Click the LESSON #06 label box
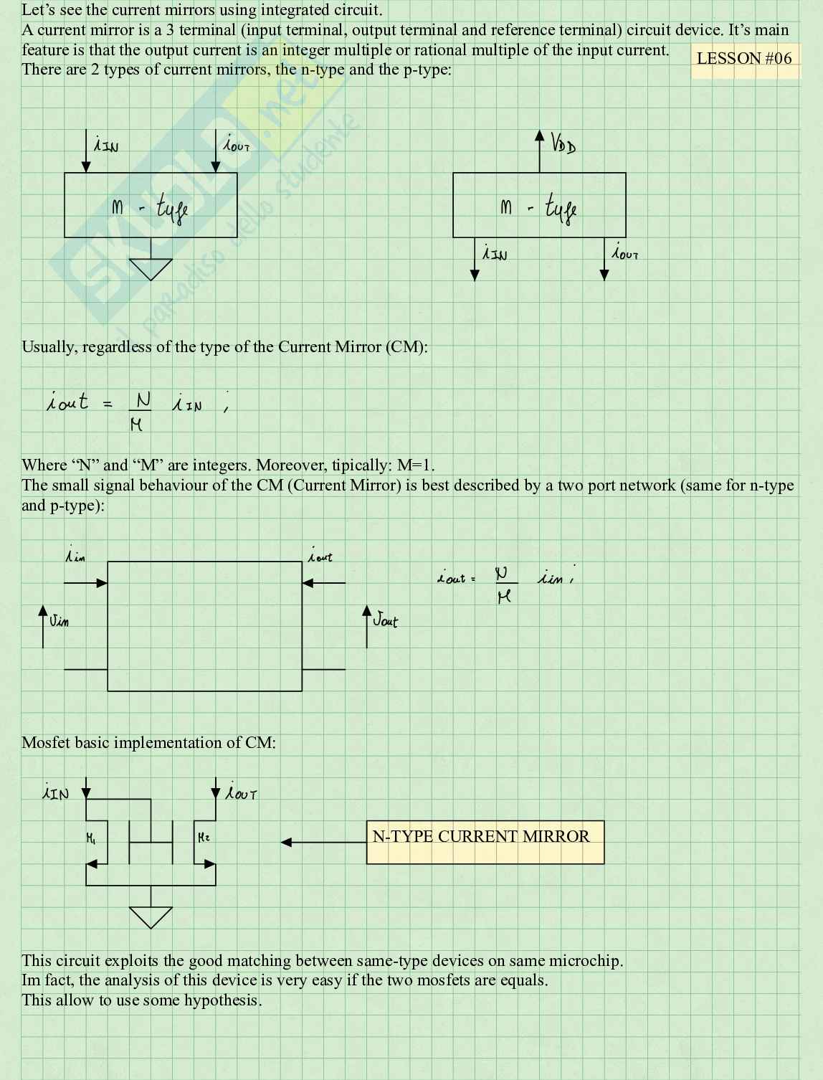pos(744,59)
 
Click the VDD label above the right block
pos(563,143)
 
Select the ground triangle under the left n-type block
pos(151,268)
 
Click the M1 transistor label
pos(91,837)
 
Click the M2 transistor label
pos(204,837)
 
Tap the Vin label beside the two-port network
pos(59,620)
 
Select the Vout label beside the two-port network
pos(385,620)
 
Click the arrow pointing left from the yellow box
pos(287,842)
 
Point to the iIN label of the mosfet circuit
pos(56,793)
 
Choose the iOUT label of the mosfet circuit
pos(241,793)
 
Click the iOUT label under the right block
pos(624,252)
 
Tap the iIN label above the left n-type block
pos(106,145)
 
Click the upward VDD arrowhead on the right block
pos(540,136)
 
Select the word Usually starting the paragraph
pos(49,347)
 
